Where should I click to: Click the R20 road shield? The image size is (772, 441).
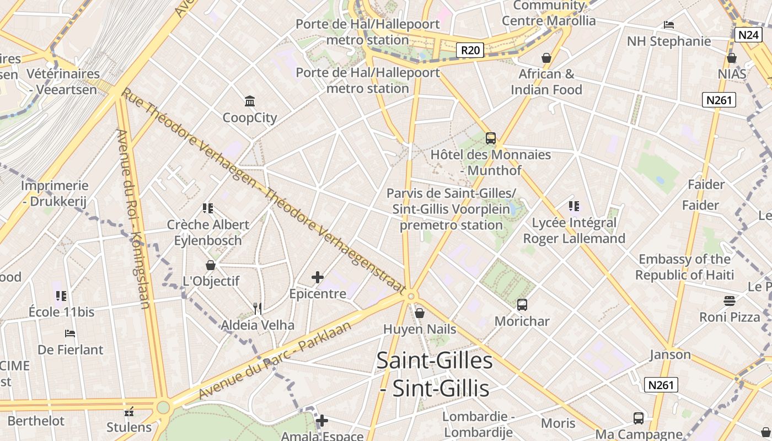(x=470, y=51)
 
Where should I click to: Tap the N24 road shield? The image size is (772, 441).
(x=748, y=35)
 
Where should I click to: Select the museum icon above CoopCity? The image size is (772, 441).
(x=250, y=101)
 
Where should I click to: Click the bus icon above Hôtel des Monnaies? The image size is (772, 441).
(x=490, y=138)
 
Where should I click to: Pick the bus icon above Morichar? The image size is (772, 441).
(x=522, y=304)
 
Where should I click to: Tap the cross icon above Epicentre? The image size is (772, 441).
(x=318, y=277)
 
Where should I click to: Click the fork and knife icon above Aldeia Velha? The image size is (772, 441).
(x=258, y=309)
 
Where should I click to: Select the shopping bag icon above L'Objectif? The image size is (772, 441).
(x=210, y=265)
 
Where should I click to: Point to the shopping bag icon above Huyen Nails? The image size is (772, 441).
(x=420, y=313)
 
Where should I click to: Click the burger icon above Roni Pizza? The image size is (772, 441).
(x=730, y=301)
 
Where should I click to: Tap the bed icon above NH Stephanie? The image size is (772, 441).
(x=669, y=25)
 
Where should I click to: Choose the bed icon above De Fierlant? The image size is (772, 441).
(x=70, y=334)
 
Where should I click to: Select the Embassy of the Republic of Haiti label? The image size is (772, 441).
(x=684, y=267)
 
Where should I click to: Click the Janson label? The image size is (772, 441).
(x=670, y=354)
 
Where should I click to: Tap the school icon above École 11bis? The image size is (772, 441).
(x=61, y=296)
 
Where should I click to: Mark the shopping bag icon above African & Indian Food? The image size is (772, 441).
(x=546, y=58)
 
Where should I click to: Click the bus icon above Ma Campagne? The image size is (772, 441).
(x=638, y=418)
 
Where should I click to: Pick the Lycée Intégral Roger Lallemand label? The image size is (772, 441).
(x=574, y=230)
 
